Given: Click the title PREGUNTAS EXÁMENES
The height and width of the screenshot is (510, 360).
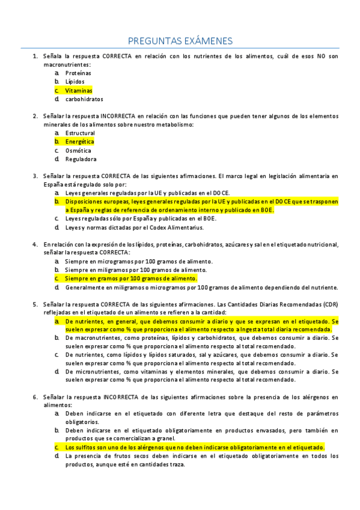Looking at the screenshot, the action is pos(180,40).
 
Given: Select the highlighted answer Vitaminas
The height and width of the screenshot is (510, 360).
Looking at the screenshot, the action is pos(78,90).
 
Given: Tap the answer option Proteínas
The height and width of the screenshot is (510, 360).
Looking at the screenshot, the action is pos(78,73).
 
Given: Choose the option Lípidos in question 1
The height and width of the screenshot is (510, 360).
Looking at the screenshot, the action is pos(75,82).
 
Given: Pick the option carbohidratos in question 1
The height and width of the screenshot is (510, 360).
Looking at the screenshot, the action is pos(84,99).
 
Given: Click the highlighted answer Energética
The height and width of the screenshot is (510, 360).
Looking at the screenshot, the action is pos(79,142).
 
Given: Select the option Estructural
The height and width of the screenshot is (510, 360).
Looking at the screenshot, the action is pos(80,133).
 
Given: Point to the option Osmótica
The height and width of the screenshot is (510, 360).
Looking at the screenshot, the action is pos(78,150).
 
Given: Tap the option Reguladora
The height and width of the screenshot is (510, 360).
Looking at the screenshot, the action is pos(81,159).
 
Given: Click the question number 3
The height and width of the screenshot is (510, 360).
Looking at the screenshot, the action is pos(35,176).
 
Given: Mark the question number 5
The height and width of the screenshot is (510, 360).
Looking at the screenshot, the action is pos(35,304).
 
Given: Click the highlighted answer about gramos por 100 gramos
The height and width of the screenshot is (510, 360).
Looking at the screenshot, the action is pos(131,279).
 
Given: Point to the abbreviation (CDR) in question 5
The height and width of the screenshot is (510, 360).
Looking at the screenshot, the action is pos(330,304).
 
